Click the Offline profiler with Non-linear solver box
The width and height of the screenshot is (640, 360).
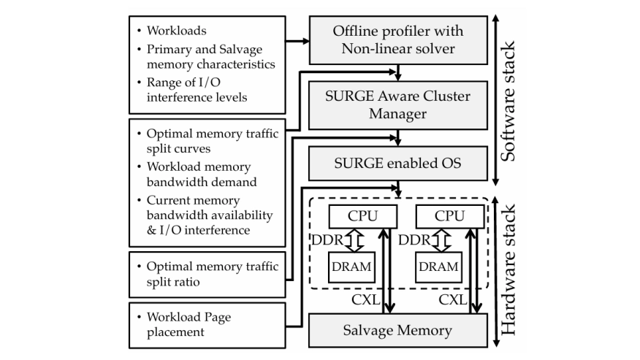(398, 41)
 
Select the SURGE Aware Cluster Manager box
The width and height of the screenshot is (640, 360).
(398, 104)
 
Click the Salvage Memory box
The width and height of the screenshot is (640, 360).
(398, 330)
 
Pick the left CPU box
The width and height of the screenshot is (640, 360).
(362, 217)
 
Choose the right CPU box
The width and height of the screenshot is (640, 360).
(449, 217)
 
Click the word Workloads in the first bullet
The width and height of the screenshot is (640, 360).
(178, 31)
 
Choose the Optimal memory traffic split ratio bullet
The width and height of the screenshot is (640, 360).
(213, 274)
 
